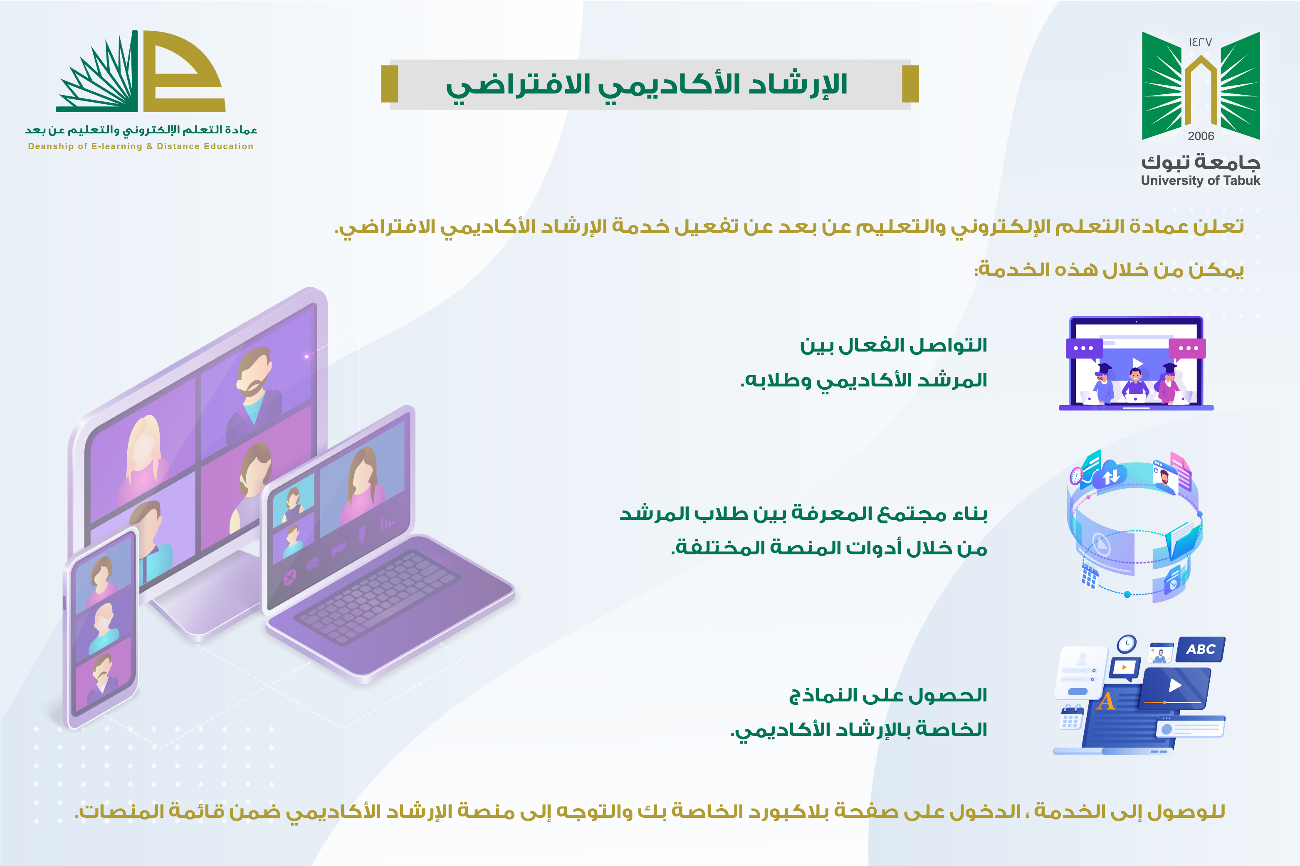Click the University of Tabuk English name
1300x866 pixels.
(1201, 181)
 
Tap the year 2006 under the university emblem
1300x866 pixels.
(1201, 136)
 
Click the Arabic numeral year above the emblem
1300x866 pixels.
(1201, 42)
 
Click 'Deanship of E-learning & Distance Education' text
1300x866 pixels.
(141, 146)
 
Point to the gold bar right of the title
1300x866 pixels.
(910, 84)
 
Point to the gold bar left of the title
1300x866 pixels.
(390, 84)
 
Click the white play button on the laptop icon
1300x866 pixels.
(1137, 363)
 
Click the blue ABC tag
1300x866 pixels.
(1201, 649)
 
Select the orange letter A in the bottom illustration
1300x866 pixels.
(1106, 701)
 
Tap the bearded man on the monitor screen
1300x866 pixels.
(254, 386)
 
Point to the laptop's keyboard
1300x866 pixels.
(376, 596)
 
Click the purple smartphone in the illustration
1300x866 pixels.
(101, 627)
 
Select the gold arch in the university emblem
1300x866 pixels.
(1201, 89)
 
